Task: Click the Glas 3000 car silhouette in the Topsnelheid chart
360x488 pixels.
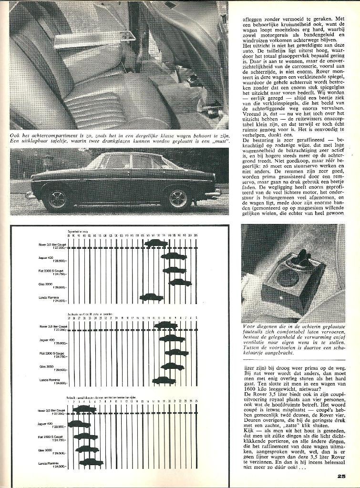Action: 180,282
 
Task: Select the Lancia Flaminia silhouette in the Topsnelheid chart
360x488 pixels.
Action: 152,297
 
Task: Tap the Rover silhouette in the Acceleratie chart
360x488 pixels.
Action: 165,325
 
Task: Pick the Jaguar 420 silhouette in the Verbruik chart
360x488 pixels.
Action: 79,423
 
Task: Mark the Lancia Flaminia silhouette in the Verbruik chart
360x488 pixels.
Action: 91,462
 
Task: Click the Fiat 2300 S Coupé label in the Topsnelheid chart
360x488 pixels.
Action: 52,272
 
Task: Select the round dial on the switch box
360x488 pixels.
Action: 288,277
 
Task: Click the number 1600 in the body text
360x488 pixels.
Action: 250,388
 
